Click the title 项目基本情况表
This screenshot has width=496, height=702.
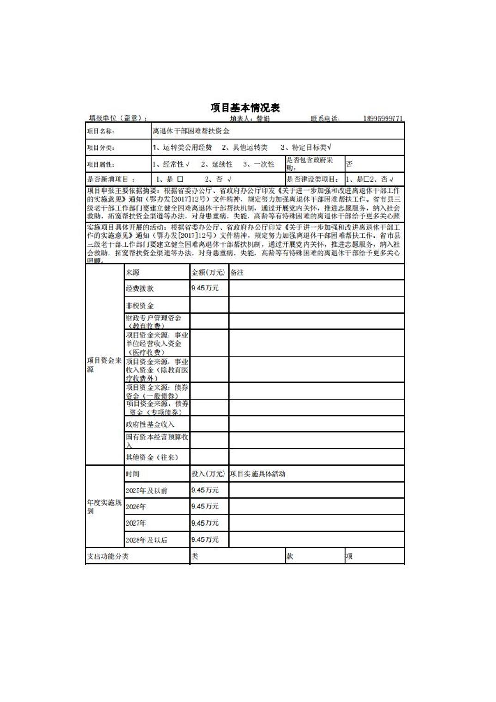245,108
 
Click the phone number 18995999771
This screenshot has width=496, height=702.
382,119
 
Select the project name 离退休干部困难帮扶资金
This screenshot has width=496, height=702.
191,132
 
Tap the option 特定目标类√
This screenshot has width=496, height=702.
306,148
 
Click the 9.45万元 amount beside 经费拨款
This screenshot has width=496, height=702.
205,288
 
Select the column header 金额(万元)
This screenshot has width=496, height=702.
208,272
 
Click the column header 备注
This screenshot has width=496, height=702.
237,272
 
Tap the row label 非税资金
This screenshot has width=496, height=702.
140,305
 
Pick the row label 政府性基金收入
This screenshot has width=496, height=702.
150,424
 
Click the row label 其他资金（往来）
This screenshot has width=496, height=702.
152,457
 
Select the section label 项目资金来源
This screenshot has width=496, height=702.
104,365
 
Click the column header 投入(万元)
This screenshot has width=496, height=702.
208,474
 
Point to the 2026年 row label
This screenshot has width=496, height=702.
136,507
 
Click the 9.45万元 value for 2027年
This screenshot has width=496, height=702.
205,523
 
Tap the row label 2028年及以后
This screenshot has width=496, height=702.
146,539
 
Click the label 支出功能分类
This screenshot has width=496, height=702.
108,557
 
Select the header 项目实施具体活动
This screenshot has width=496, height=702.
258,474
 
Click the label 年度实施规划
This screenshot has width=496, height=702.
104,507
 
